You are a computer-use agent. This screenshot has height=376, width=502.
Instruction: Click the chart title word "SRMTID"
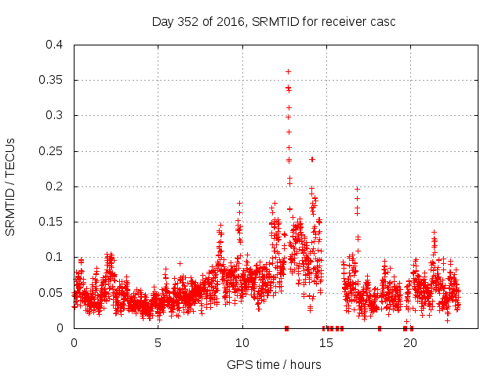point(275,21)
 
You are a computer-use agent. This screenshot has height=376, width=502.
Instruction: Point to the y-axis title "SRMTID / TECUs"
point(11,186)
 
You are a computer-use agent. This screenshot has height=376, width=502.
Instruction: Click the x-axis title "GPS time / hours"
point(274,364)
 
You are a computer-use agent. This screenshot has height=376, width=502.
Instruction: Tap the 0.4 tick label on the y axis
point(54,45)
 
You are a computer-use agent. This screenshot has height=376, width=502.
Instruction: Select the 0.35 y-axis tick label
point(51,80)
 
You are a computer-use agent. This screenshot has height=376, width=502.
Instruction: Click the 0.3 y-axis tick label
point(54,115)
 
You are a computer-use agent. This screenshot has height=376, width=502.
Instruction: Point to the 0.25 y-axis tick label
point(51,150)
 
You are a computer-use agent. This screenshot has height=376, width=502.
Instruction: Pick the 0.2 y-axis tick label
point(54,186)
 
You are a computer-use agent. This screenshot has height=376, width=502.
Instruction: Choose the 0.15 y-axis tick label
point(51,222)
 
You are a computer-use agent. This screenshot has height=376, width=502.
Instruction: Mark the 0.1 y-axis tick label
point(54,257)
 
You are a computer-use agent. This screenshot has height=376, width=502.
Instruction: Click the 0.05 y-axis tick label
point(51,292)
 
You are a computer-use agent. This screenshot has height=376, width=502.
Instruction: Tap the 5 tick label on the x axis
point(158,342)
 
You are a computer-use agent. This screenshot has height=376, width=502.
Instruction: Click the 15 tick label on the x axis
point(326,342)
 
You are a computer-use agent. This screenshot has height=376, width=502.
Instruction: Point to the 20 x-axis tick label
point(409,342)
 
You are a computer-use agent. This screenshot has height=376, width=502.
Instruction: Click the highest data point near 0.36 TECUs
point(288,72)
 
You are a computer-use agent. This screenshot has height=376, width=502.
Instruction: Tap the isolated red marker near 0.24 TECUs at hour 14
point(312,159)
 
